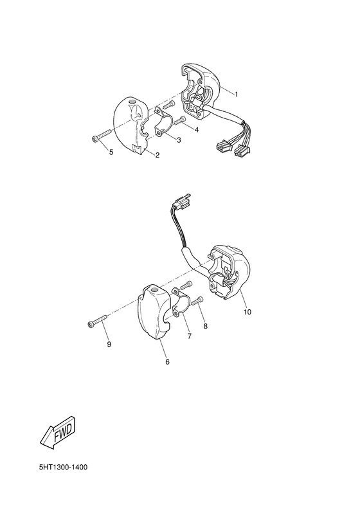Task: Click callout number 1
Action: pyautogui.click(x=236, y=95)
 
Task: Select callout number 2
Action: pyautogui.click(x=157, y=155)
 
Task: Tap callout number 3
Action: pyautogui.click(x=178, y=140)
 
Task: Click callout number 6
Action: pyautogui.click(x=167, y=362)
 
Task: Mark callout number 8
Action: pyautogui.click(x=205, y=327)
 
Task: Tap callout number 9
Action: pyautogui.click(x=109, y=345)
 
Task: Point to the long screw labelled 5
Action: pyautogui.click(x=102, y=136)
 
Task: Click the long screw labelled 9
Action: pyautogui.click(x=95, y=323)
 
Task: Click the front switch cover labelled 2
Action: pyautogui.click(x=133, y=125)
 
